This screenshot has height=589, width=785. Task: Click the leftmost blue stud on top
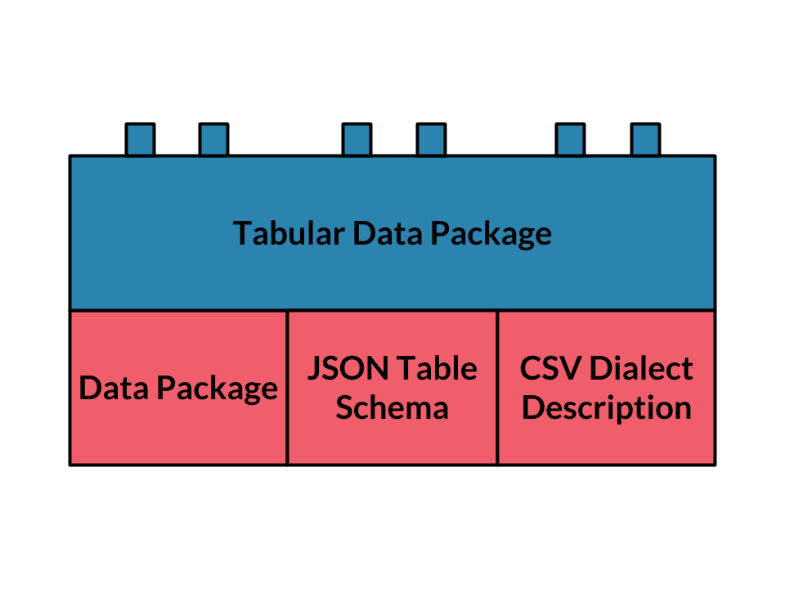click(x=140, y=140)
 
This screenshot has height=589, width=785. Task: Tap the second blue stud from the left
click(x=213, y=140)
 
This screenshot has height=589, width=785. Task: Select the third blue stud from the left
click(x=357, y=140)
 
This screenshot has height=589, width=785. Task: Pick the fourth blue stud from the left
click(x=431, y=140)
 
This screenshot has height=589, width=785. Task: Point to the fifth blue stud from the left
click(x=570, y=140)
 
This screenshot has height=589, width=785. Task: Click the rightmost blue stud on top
click(x=645, y=140)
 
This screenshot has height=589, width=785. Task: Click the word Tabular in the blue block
click(x=289, y=233)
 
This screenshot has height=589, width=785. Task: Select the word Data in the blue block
click(x=388, y=233)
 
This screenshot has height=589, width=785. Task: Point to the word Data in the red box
click(x=114, y=388)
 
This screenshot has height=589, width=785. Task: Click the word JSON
click(x=348, y=369)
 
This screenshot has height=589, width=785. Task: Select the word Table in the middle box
click(x=437, y=369)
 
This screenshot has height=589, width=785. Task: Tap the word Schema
click(x=392, y=407)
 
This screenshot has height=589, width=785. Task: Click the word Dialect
click(x=641, y=369)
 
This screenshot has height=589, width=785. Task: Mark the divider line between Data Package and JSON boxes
click(x=287, y=388)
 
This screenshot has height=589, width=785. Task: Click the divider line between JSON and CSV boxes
click(x=498, y=388)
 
